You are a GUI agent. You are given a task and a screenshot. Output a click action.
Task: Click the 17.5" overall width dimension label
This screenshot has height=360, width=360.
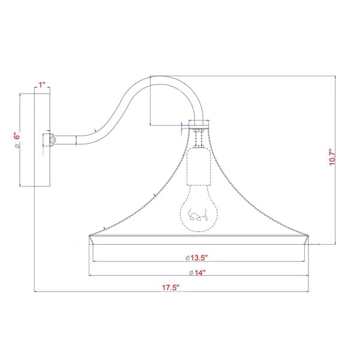tap(170, 287)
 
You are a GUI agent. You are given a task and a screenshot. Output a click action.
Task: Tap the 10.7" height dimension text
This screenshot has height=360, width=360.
tap(332, 157)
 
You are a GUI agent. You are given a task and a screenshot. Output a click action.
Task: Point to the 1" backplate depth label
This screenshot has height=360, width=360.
tap(42, 85)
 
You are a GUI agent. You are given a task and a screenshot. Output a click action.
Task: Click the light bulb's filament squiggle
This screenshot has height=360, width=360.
tap(198, 215)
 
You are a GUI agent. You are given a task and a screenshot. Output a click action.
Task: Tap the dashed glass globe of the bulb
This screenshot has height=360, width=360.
tap(198, 208)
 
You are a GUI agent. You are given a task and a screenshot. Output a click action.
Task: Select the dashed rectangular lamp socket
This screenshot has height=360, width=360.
tap(199, 167)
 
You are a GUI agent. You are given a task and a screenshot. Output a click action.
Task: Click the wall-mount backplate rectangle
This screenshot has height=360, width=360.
tap(42, 140)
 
